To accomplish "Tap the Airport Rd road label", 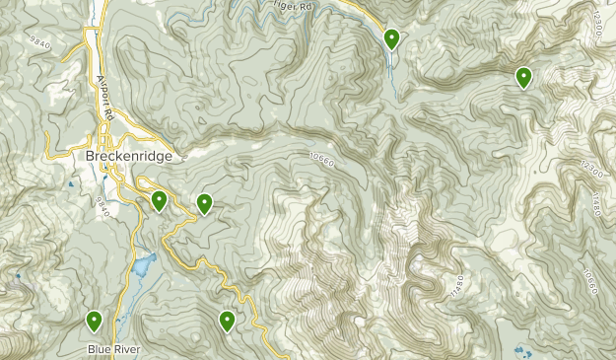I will point(103,94).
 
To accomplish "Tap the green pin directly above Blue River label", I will point(95,320).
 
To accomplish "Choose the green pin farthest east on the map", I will point(523,76).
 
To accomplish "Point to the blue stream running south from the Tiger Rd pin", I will point(392,74).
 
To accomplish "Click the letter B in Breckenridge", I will point(77,157).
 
